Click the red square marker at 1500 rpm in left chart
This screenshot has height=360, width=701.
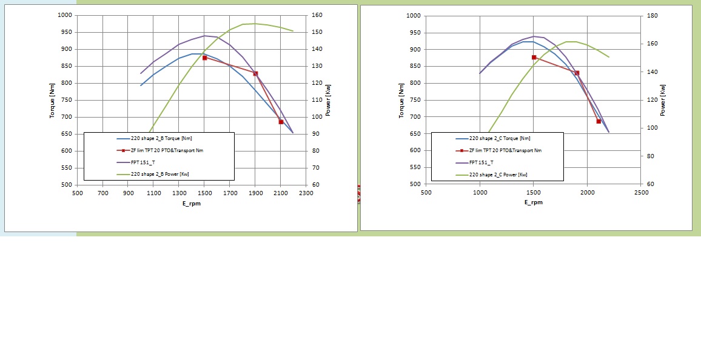[204, 58]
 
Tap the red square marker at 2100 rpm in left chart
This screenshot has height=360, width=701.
[281, 122]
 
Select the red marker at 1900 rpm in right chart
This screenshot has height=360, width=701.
[577, 73]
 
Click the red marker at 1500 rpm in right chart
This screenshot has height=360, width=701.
[534, 58]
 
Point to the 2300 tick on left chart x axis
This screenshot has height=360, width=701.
[306, 193]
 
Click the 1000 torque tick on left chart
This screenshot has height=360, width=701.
[65, 16]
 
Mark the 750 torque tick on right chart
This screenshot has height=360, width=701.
[414, 100]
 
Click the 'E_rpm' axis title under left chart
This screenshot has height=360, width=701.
[192, 203]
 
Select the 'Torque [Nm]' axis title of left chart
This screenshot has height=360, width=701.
[53, 101]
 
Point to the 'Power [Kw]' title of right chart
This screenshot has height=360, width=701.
[663, 100]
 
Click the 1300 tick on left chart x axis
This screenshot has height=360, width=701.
[179, 193]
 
